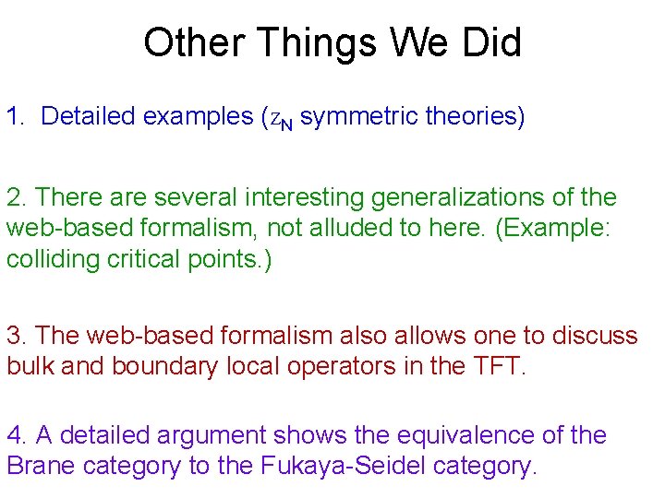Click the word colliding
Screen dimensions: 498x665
click(x=47, y=260)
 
